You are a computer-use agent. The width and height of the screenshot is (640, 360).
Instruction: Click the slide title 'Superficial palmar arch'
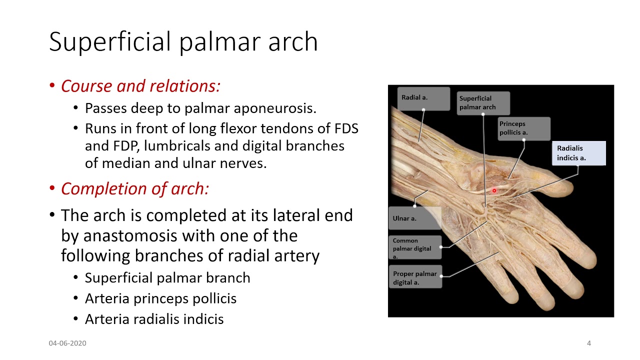pos(183,41)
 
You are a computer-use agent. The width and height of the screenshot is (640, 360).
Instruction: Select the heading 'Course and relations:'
pos(140,86)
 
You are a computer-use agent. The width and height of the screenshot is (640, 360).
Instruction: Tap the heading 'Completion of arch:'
pos(134,188)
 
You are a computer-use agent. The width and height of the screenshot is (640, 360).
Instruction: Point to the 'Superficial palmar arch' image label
pos(482,103)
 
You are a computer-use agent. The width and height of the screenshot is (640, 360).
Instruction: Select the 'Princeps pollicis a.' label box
pos(523,128)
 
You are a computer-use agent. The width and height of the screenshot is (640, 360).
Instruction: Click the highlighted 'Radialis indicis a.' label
pos(580,153)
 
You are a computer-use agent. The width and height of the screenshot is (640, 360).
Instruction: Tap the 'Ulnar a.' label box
pos(414,218)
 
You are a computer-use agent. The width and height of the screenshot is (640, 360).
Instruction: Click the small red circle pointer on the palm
pos(494,190)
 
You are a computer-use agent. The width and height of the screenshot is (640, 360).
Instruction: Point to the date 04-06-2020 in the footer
pos(67,343)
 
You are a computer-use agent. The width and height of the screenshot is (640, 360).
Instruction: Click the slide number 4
pos(588,343)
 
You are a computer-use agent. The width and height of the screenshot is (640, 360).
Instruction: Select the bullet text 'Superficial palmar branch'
pos(167,278)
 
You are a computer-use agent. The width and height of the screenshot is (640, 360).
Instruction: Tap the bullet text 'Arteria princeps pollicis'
pos(160,298)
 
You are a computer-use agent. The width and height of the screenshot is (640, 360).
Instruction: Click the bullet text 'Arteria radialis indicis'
pos(154,319)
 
